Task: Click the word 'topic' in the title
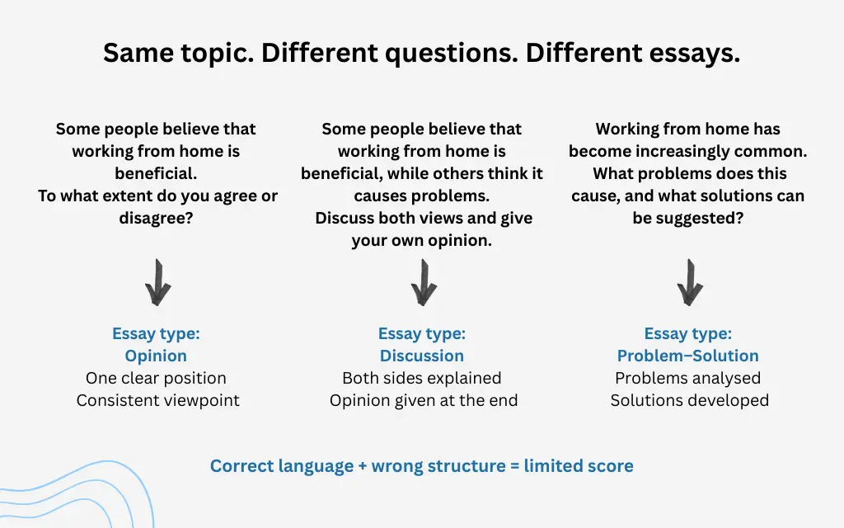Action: (x=217, y=54)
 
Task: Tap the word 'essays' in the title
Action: (x=695, y=54)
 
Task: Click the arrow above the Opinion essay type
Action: (x=157, y=282)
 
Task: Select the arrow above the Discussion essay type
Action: (x=423, y=282)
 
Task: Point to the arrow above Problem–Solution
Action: (x=688, y=282)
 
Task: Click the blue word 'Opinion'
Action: (x=156, y=356)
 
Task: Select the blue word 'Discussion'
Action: (x=422, y=356)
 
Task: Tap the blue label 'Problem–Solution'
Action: (x=688, y=356)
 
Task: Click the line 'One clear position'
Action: (x=156, y=378)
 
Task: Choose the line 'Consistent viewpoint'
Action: (x=158, y=400)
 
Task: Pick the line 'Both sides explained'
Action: (x=422, y=378)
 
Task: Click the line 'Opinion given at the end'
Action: (x=424, y=400)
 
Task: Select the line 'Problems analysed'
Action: (x=688, y=378)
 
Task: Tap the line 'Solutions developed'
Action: (x=689, y=400)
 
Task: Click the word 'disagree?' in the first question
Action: (x=157, y=219)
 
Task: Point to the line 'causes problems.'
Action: (x=422, y=196)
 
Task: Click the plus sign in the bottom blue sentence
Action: (x=363, y=466)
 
